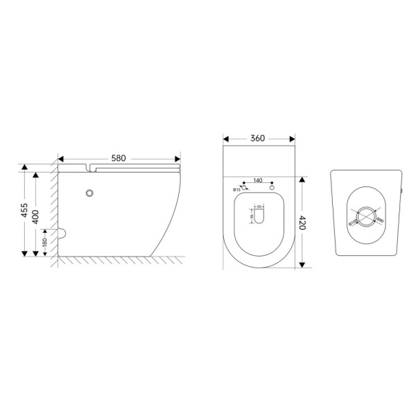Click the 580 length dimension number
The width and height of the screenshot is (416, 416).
coord(119,158)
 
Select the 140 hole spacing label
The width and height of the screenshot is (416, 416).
coord(257,180)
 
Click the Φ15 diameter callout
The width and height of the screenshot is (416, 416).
coord(236,189)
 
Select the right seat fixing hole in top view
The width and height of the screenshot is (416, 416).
coord(272,188)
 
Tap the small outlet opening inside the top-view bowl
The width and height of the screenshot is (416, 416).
coord(259,217)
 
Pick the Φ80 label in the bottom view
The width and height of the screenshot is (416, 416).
coord(380,220)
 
